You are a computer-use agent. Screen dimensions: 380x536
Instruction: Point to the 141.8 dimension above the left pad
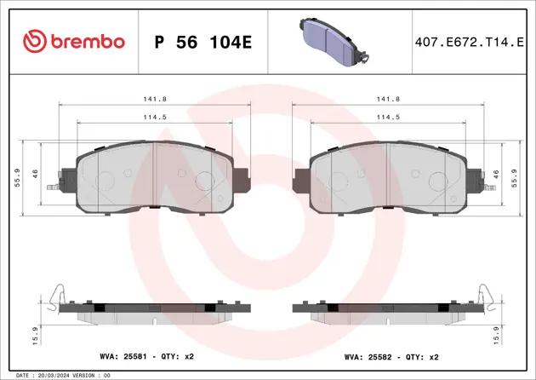[154, 99]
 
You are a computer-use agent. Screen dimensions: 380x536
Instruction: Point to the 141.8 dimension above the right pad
[388, 99]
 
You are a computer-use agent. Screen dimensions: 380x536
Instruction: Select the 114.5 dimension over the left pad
[154, 117]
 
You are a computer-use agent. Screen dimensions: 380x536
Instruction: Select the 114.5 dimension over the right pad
[388, 117]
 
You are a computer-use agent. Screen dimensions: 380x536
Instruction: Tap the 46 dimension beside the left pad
[36, 173]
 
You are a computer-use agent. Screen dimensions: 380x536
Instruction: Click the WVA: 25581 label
[118, 358]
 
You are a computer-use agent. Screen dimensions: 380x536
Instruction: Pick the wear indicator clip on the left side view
[54, 295]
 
